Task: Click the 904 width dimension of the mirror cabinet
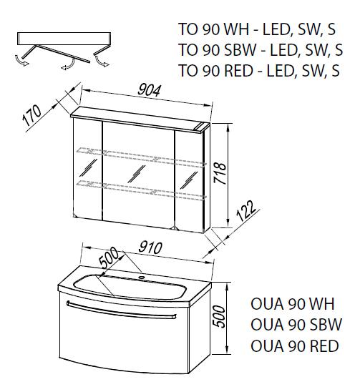click(149, 90)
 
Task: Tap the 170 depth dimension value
click(32, 115)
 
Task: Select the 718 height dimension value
click(220, 173)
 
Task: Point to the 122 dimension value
click(246, 211)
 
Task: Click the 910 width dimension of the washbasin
click(150, 248)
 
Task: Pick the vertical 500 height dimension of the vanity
click(220, 317)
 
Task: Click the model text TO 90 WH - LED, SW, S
click(256, 29)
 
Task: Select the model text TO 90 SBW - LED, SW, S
click(261, 49)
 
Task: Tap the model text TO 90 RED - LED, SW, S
click(259, 70)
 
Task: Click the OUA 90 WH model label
click(292, 304)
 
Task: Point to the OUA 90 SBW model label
click(296, 325)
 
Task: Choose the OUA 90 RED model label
click(295, 346)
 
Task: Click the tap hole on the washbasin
click(142, 277)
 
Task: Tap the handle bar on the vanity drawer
click(121, 310)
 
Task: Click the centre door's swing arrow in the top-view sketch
click(68, 64)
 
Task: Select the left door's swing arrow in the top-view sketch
click(21, 61)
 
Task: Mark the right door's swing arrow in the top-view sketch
click(102, 62)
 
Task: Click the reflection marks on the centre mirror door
click(137, 174)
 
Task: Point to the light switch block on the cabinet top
click(202, 127)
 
